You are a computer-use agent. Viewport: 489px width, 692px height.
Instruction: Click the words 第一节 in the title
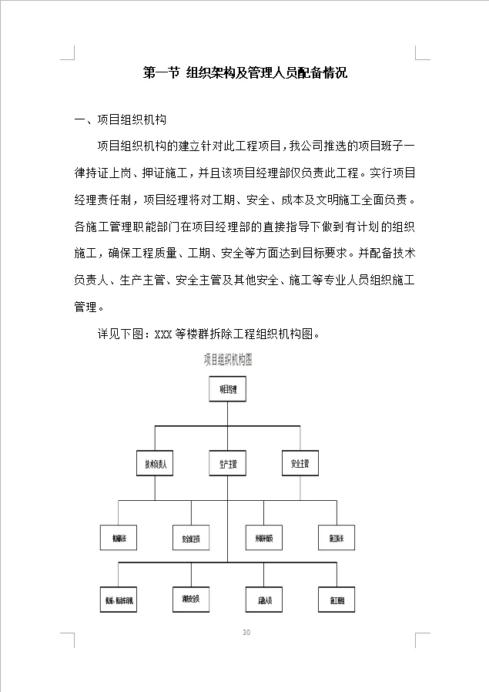point(162,74)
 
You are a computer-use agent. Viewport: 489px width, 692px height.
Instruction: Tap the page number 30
point(246,633)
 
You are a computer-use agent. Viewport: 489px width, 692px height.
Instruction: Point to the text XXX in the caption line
point(162,334)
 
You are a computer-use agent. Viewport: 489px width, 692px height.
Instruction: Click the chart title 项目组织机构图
point(228,359)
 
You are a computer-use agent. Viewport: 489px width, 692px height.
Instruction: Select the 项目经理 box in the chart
point(228,390)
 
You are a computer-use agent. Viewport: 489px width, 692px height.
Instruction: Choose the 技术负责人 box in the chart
point(156,465)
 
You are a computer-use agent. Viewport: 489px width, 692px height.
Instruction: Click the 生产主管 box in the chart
point(228,465)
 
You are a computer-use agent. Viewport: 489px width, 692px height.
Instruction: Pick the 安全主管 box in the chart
point(300,465)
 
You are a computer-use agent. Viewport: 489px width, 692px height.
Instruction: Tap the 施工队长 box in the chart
point(337,538)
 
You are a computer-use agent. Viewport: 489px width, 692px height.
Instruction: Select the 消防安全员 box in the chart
point(191,599)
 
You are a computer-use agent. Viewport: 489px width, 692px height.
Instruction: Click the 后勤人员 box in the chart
point(264,600)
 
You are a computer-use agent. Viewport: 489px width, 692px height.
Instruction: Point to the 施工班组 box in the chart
point(337,600)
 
